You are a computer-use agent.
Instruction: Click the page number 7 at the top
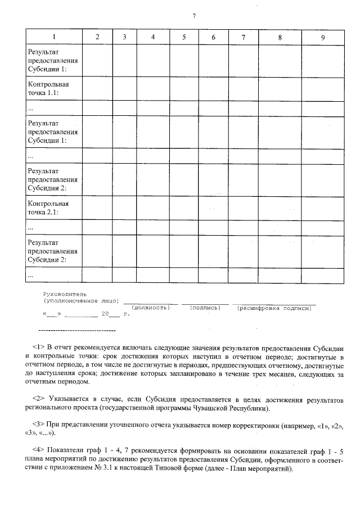[x=193, y=15]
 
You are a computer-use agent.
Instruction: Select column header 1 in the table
[x=54, y=37]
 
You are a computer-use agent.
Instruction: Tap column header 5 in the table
[x=184, y=37]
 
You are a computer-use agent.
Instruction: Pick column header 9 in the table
[x=322, y=37]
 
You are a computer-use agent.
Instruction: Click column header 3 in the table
[x=124, y=37]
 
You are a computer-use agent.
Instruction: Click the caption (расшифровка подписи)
[x=274, y=308]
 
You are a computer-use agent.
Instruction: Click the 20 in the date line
[x=105, y=314]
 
